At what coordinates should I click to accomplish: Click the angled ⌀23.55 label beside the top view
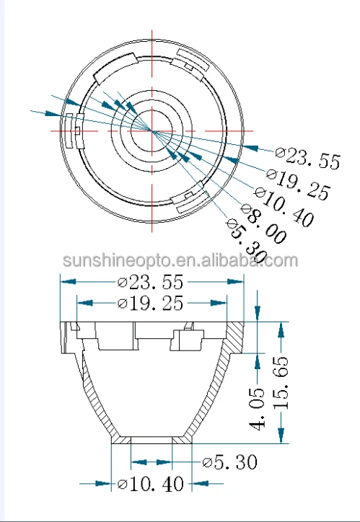coord(308,158)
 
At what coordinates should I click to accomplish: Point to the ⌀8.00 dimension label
coord(265,224)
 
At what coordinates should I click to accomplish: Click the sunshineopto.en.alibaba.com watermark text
coord(180,260)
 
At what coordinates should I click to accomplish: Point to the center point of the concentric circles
coord(152,130)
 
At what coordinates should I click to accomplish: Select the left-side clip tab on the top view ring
coord(74,130)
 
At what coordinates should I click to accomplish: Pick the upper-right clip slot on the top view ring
coord(193,60)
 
